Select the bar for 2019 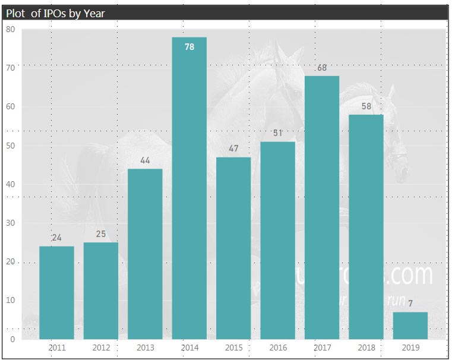tap(410, 326)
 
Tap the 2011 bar tap(57, 292)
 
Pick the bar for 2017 tap(322, 207)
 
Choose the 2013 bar tap(145, 254)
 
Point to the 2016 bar tap(277, 240)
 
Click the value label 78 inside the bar tap(189, 47)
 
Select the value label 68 tap(322, 68)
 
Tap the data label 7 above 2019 tap(410, 304)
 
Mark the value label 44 tap(145, 160)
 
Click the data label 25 tap(101, 234)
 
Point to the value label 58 tap(366, 106)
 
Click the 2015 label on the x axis tap(233, 348)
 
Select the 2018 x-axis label tap(366, 348)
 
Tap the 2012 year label tap(101, 348)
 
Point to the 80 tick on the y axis tap(10, 29)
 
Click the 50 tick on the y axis tap(10, 146)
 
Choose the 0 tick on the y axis tap(12, 339)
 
